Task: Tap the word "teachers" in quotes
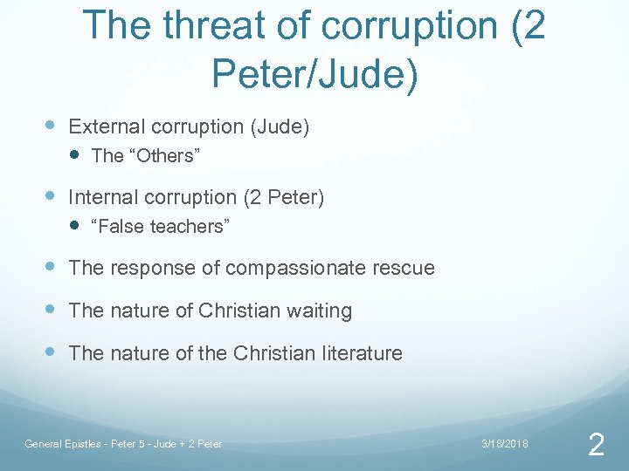pyautogui.click(x=189, y=227)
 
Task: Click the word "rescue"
pyautogui.click(x=405, y=268)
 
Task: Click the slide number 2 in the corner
pyautogui.click(x=596, y=446)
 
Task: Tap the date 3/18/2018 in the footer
pyautogui.click(x=505, y=444)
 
